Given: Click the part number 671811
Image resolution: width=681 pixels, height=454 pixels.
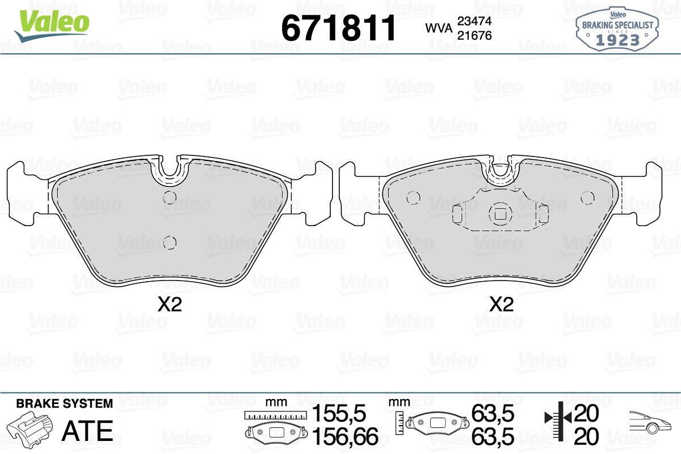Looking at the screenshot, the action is [x=339, y=28].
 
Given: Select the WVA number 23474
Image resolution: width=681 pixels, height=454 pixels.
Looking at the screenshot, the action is [x=474, y=21].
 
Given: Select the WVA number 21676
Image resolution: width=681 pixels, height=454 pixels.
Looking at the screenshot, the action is [x=474, y=36].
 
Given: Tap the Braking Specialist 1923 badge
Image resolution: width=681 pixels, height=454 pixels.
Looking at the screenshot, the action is [x=617, y=29].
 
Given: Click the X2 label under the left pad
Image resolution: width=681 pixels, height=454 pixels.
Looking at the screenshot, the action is [x=170, y=304].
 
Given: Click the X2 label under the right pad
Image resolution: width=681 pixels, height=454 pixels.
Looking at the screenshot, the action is [x=502, y=304].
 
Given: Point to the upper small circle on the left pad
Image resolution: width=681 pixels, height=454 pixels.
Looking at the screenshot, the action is [x=170, y=198].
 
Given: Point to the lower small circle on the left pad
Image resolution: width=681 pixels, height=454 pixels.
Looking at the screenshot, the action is [x=170, y=243].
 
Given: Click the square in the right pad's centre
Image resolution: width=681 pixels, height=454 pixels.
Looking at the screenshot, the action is [x=501, y=215].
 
